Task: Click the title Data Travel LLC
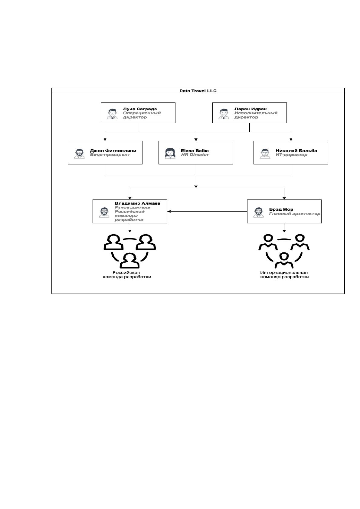click(x=198, y=91)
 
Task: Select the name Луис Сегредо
click(x=140, y=109)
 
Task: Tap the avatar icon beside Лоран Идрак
click(x=224, y=114)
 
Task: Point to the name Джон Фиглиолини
click(x=113, y=151)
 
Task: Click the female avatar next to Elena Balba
click(x=170, y=153)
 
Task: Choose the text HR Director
click(x=195, y=155)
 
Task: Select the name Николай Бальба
click(x=296, y=151)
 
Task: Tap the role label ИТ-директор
click(x=291, y=155)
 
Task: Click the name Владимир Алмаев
click(x=137, y=203)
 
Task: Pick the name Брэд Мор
click(x=281, y=209)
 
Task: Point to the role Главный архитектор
click(x=294, y=214)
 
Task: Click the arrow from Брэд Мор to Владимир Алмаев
click(x=207, y=212)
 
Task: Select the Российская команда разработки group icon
click(x=129, y=251)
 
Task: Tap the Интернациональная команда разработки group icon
click(x=284, y=251)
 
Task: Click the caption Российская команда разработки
click(x=127, y=275)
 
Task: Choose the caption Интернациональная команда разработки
click(x=284, y=275)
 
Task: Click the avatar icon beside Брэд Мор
click(x=258, y=212)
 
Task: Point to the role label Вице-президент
click(x=110, y=155)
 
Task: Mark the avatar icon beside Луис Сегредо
click(x=112, y=114)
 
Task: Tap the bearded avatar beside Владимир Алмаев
click(x=104, y=212)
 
